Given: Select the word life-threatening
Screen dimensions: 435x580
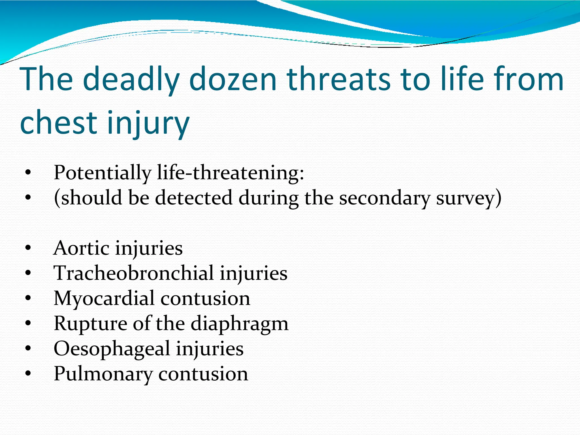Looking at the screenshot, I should coord(230,173).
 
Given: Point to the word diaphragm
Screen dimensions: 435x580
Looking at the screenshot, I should coord(240,324).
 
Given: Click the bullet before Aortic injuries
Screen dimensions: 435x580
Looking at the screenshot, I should coord(28,248).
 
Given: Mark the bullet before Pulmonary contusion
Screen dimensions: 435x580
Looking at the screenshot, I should coord(28,374).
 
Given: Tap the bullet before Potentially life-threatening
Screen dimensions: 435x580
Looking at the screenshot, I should coord(28,172).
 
